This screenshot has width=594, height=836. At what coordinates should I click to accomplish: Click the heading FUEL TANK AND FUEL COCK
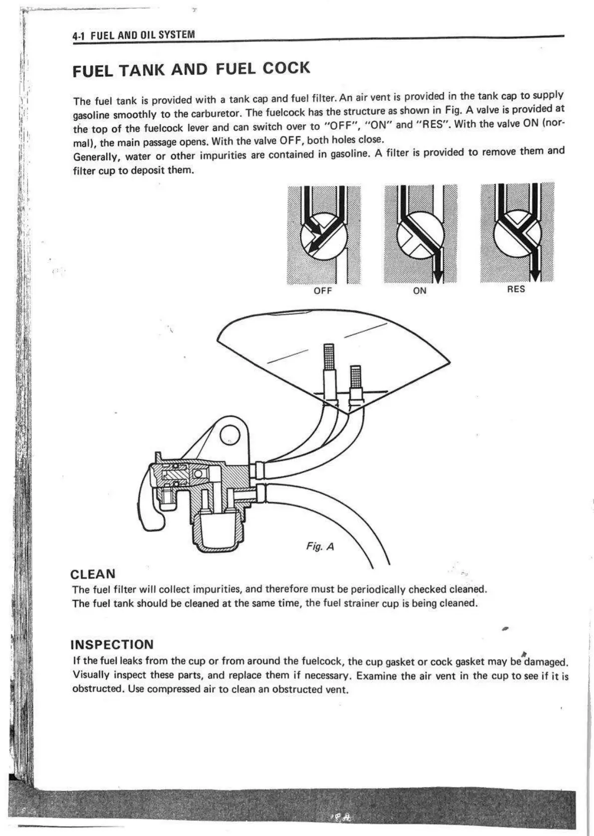point(191,69)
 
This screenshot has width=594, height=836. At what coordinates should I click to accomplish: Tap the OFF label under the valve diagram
point(323,291)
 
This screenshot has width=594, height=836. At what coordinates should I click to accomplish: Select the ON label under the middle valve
point(420,290)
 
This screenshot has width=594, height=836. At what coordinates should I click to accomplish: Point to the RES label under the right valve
point(516,289)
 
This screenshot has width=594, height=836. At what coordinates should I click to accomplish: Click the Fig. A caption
point(320,547)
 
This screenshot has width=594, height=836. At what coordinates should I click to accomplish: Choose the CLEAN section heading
point(93,574)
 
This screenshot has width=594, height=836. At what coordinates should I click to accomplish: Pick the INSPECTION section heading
point(112,644)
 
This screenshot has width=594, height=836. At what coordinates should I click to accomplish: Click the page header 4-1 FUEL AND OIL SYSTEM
point(133,35)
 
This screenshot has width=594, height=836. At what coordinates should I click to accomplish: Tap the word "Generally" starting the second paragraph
point(96,157)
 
